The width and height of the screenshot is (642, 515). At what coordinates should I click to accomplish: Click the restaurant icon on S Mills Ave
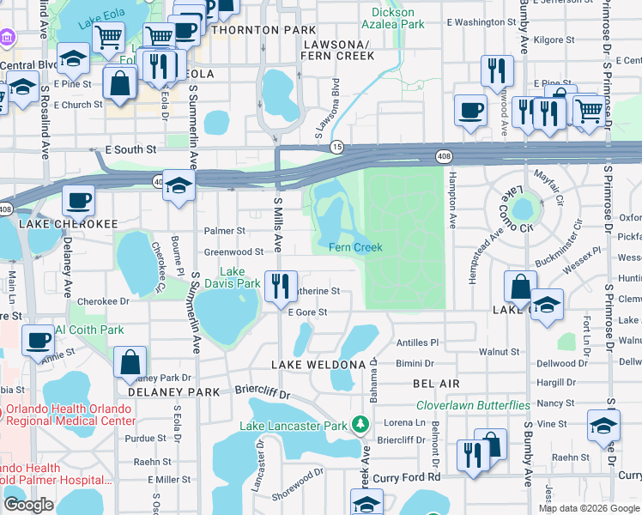coord(280,287)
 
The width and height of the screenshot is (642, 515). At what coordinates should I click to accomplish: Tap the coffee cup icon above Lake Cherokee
coord(78,201)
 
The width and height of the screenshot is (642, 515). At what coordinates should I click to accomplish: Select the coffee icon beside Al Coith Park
coord(38,340)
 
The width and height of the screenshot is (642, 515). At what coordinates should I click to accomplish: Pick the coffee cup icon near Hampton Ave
coord(469,111)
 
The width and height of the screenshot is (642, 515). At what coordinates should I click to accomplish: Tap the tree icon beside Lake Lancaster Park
coord(361,424)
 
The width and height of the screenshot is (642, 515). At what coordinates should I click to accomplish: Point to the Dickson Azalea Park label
coord(394,19)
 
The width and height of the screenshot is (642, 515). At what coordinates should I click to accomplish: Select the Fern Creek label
coord(354,247)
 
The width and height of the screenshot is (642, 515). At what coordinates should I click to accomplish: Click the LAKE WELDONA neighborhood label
coord(318,365)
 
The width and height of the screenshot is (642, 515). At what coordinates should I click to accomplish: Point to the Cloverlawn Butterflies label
coord(473,405)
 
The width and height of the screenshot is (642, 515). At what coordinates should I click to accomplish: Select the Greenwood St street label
coord(233,252)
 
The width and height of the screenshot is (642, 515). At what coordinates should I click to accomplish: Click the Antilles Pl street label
coord(417,342)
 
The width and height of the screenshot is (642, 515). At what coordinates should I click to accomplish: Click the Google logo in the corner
coord(28,505)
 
